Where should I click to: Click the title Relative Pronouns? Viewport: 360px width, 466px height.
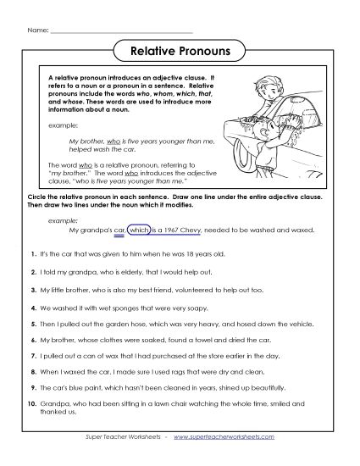[x=180, y=52]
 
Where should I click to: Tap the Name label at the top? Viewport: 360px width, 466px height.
[x=38, y=31]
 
